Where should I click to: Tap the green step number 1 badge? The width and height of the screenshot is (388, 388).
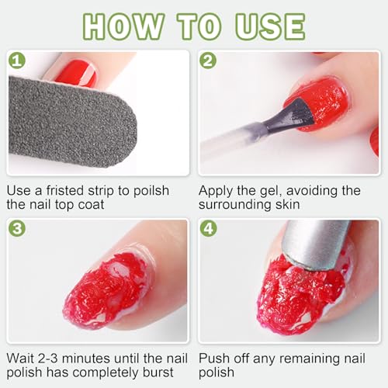(x=17, y=60)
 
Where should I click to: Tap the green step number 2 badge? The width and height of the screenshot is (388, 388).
(x=208, y=60)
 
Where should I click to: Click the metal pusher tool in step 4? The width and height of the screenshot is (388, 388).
(x=314, y=244)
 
